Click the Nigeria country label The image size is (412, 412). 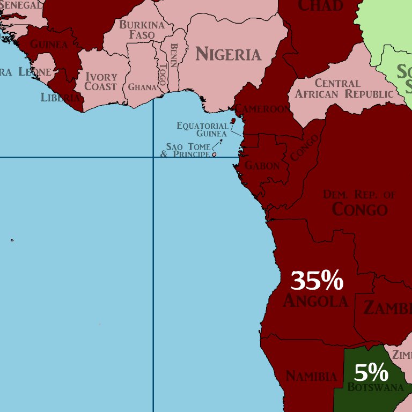(228, 54)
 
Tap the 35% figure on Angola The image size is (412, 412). (317, 281)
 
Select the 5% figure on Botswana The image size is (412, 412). (371, 372)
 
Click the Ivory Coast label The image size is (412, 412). (101, 82)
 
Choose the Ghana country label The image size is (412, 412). (142, 87)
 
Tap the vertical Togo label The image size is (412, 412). (163, 76)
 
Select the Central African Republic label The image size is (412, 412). (344, 89)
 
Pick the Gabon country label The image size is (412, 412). (262, 166)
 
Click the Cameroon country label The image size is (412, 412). (263, 109)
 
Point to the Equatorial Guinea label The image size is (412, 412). (203, 129)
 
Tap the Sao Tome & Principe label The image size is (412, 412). (186, 150)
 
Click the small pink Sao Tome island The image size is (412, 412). (214, 154)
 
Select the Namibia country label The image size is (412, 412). (311, 376)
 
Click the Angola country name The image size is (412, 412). (315, 301)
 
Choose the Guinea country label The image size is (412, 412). (49, 44)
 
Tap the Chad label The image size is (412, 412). (320, 6)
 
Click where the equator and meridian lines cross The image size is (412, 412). (153, 157)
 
